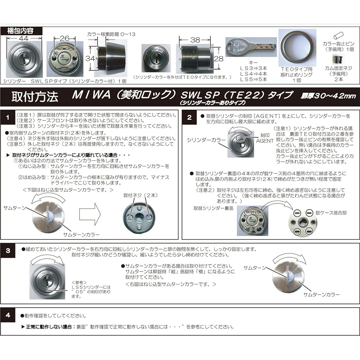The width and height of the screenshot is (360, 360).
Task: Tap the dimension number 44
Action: pyautogui.click(x=24, y=38)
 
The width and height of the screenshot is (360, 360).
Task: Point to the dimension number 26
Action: pyautogui.click(x=65, y=38)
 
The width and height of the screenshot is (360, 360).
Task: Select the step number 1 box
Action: pyautogui.click(x=8, y=118)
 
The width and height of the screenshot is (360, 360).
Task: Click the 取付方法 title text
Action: pyautogui.click(x=35, y=96)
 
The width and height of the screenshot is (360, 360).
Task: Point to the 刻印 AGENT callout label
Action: pyautogui.click(x=265, y=138)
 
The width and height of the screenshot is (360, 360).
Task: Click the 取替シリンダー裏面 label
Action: pyautogui.click(x=213, y=208)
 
